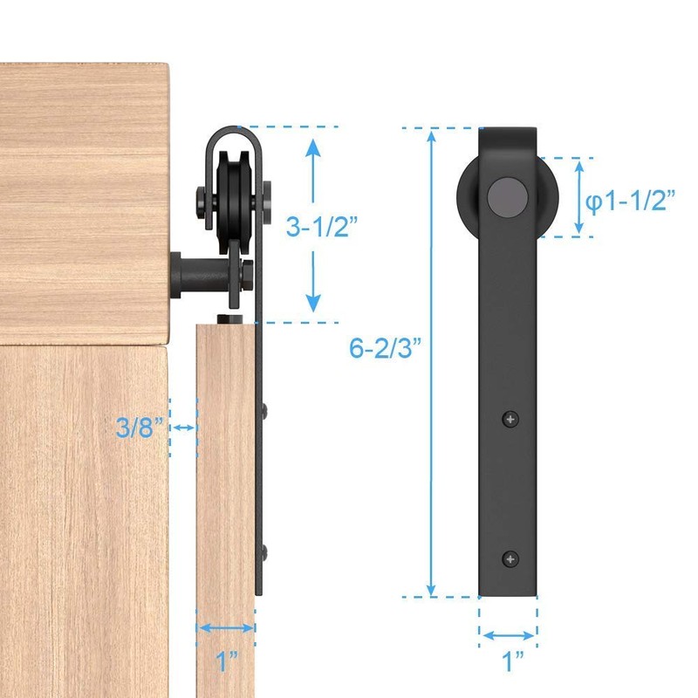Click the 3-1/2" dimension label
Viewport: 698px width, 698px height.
(321, 227)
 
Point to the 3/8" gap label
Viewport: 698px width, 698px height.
(140, 428)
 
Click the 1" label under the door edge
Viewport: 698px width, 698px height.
(226, 661)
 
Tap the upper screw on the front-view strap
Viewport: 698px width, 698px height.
(510, 421)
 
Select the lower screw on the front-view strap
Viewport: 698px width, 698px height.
(510, 557)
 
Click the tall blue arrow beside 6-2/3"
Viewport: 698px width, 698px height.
(430, 362)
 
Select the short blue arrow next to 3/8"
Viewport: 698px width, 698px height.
(183, 428)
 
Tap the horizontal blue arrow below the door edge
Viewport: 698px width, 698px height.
(226, 626)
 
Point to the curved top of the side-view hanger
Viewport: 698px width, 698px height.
(233, 133)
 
